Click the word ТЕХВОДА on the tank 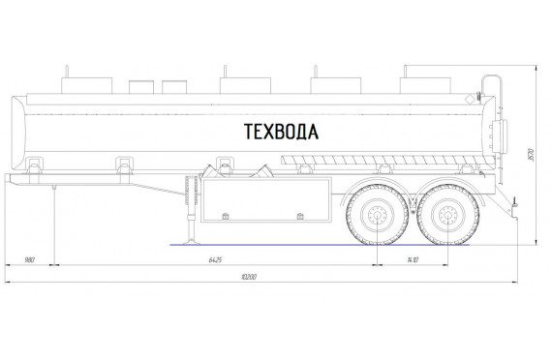coord(281,132)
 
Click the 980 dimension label coord(30,260)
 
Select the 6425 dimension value coord(215,260)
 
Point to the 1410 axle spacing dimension coord(413,260)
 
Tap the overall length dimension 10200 coord(249,277)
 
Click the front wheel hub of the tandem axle coord(377,215)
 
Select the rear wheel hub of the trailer coord(447,215)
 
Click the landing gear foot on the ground coord(191,242)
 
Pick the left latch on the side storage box coord(226,216)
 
